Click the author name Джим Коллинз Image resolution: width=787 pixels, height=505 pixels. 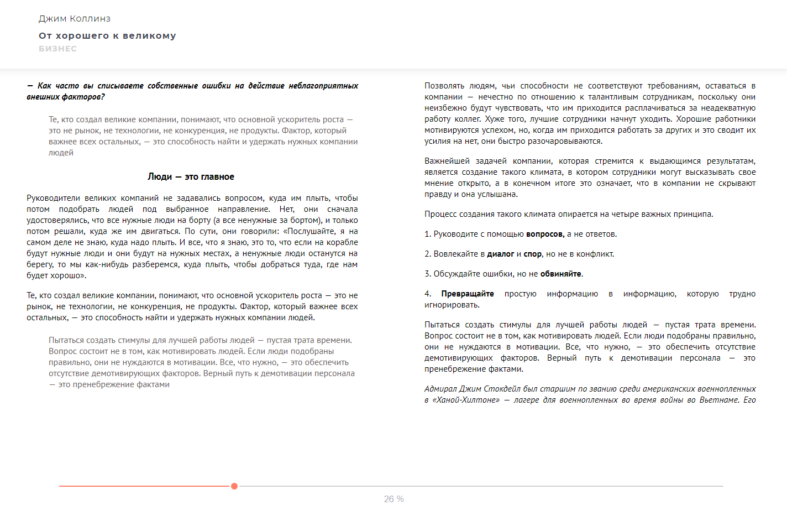[75, 19]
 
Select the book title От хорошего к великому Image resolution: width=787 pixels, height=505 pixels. [107, 36]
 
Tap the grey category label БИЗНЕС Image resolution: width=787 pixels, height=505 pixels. [57, 49]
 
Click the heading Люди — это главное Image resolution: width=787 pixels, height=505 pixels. [191, 177]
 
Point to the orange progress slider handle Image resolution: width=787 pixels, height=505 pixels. [234, 486]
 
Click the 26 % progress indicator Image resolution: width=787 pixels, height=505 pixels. [393, 499]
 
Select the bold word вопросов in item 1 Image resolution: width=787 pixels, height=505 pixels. [545, 235]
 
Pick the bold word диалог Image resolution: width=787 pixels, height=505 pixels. [501, 254]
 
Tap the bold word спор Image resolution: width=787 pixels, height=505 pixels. [532, 254]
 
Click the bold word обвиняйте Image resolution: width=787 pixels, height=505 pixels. [560, 274]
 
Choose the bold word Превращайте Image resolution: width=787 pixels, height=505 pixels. [468, 294]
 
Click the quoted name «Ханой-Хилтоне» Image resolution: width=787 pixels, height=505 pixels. [465, 400]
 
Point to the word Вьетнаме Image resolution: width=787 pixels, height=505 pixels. [719, 400]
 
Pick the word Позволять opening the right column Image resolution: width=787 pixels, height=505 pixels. [442, 86]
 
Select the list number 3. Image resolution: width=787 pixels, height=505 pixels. [427, 274]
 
